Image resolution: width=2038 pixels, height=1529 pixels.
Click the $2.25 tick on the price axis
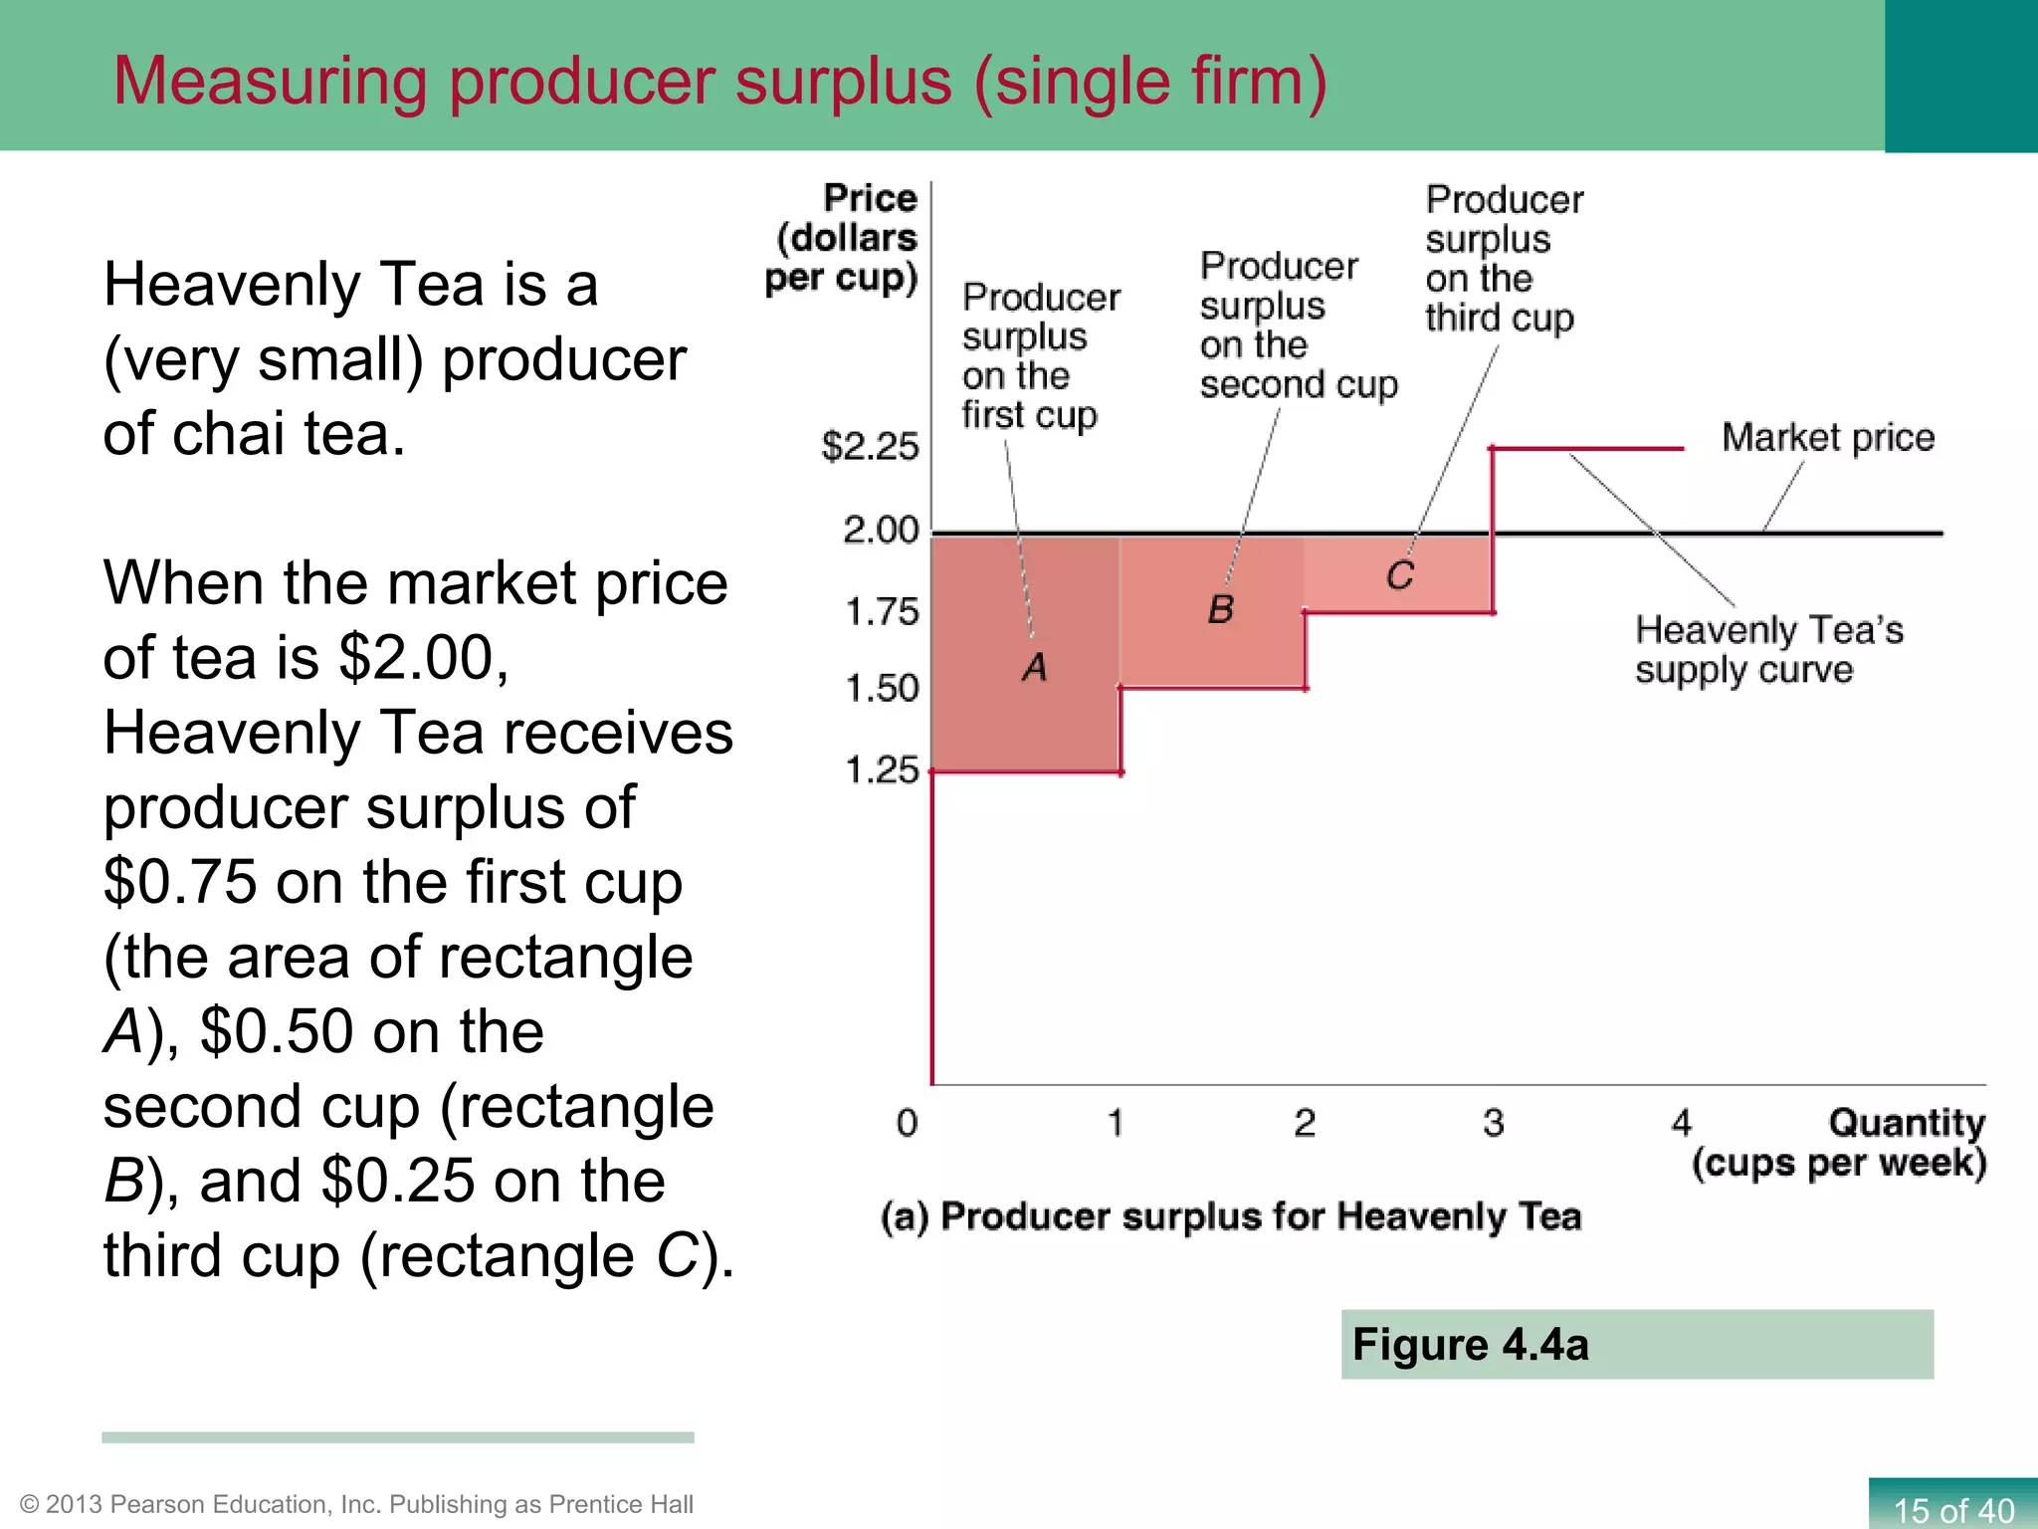870,447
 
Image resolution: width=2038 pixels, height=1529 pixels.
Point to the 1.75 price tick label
882,611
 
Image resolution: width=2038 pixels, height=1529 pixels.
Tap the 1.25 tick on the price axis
882,769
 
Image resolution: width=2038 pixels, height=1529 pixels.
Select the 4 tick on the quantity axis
1681,1123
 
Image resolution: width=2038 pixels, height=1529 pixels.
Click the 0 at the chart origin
907,1123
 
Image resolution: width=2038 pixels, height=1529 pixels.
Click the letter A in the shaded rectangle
1035,667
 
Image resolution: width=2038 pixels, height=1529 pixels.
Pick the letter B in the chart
1221,609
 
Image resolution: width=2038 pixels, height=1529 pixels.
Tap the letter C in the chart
1400,575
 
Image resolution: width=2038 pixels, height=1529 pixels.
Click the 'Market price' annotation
1828,438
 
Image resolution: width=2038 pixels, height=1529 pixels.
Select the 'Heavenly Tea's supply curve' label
1768,649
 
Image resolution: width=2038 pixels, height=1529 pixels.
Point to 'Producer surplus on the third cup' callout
1503,259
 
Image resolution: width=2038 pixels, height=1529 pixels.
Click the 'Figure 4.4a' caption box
1637,1344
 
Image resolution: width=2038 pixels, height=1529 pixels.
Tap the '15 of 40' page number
1952,1509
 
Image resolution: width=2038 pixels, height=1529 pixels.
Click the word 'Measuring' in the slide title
270,81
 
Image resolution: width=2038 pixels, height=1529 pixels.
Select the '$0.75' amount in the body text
180,882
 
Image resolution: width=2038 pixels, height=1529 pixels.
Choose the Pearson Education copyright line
356,1503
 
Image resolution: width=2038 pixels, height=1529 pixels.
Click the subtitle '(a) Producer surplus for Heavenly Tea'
1231,1216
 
